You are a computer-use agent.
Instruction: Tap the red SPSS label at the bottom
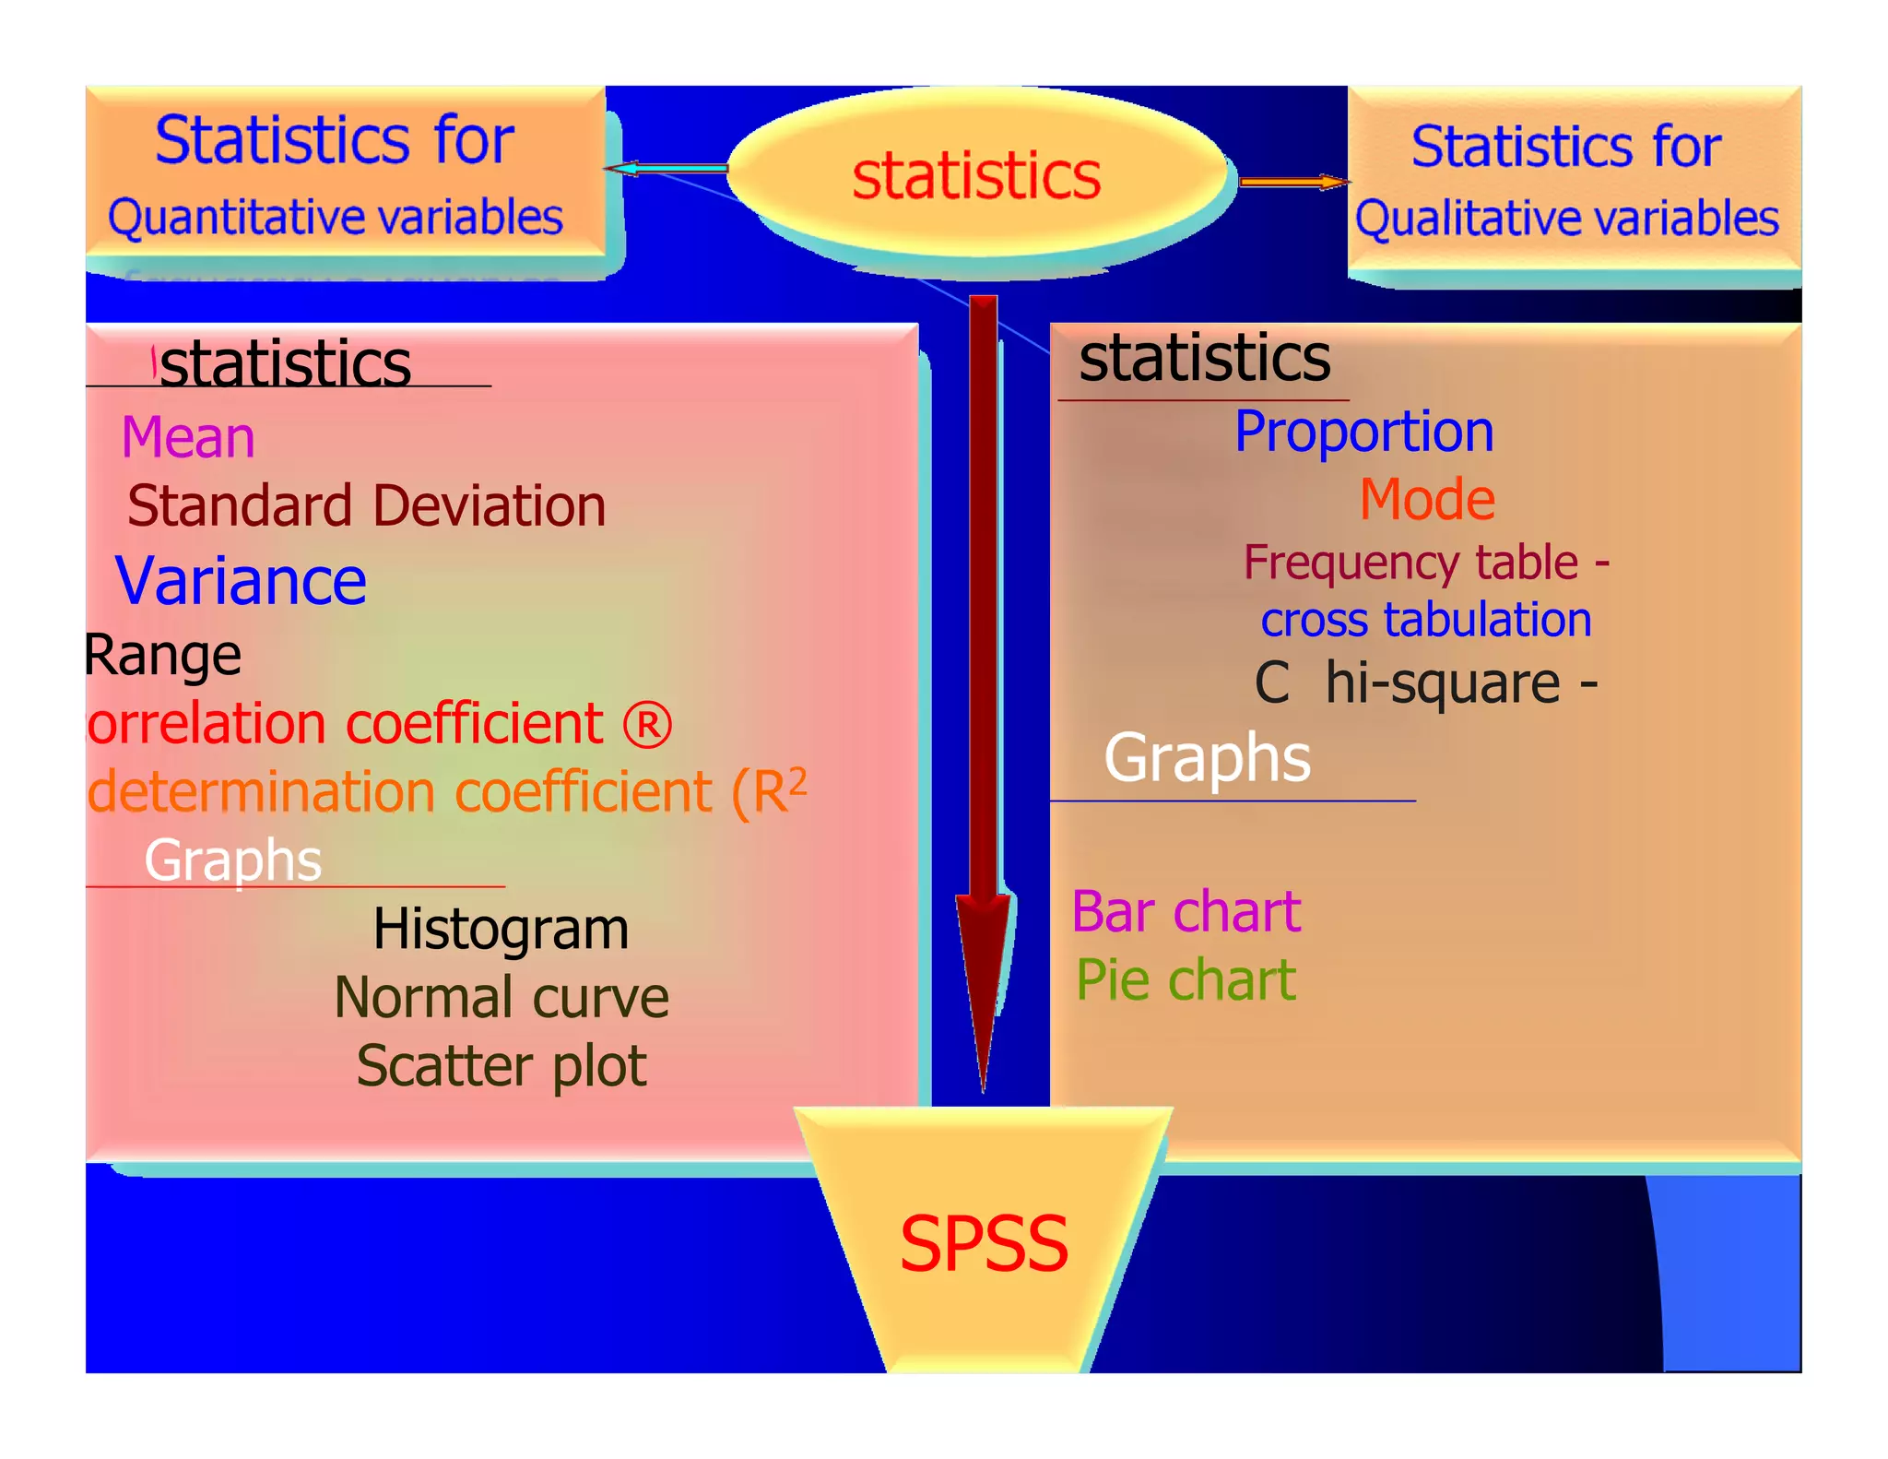tap(984, 1243)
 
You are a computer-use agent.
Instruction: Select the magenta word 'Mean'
tap(188, 437)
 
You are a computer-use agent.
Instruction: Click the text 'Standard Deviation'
tap(366, 506)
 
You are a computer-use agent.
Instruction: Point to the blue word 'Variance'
tap(241, 581)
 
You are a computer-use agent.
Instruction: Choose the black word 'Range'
tap(163, 656)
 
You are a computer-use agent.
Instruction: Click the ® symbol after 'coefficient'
tap(647, 725)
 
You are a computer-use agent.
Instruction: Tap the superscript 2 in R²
tap(797, 780)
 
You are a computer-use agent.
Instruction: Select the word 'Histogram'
tap(501, 929)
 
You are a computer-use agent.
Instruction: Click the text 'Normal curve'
tap(501, 998)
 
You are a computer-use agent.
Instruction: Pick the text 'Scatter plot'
tap(501, 1066)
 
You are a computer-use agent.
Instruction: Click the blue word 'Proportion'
tap(1363, 432)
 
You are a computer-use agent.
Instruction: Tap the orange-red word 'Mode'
tap(1427, 500)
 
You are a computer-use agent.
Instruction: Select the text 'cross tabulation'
tap(1426, 620)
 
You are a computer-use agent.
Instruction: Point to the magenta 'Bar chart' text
tap(1186, 912)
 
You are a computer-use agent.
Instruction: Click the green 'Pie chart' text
tap(1186, 979)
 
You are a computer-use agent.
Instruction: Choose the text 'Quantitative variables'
tap(336, 219)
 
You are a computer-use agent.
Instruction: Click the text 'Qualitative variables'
tap(1566, 219)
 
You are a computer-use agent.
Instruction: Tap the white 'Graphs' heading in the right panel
tap(1208, 758)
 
